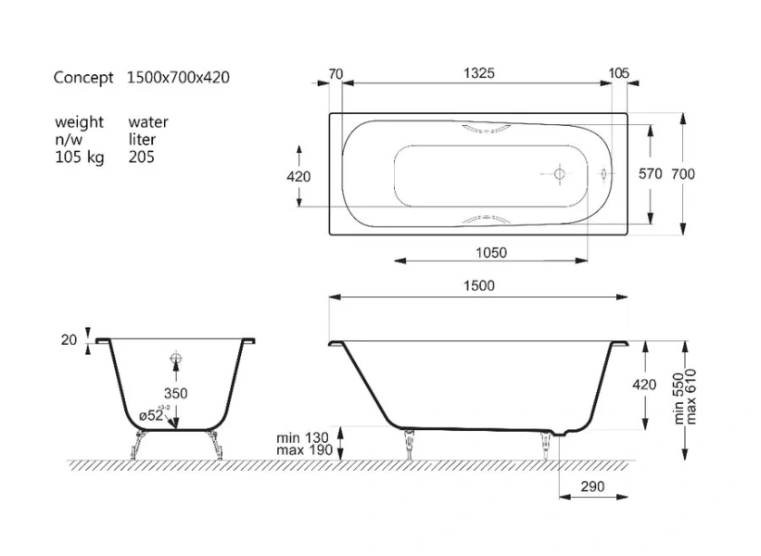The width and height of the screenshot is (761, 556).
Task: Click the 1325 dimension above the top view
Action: pos(477,72)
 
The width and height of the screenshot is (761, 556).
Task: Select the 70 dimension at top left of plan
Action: pos(336,72)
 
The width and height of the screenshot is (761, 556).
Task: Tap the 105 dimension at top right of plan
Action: pos(619,72)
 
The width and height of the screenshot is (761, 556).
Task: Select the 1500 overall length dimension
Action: pos(477,285)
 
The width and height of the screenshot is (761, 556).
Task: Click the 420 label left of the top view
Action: pos(298,176)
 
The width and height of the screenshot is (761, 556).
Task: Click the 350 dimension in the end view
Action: pos(175,393)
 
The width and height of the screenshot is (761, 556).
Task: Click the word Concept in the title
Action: pos(83,78)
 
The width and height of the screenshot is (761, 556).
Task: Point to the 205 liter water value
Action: pos(142,157)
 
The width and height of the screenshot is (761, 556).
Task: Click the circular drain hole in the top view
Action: pos(559,173)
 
